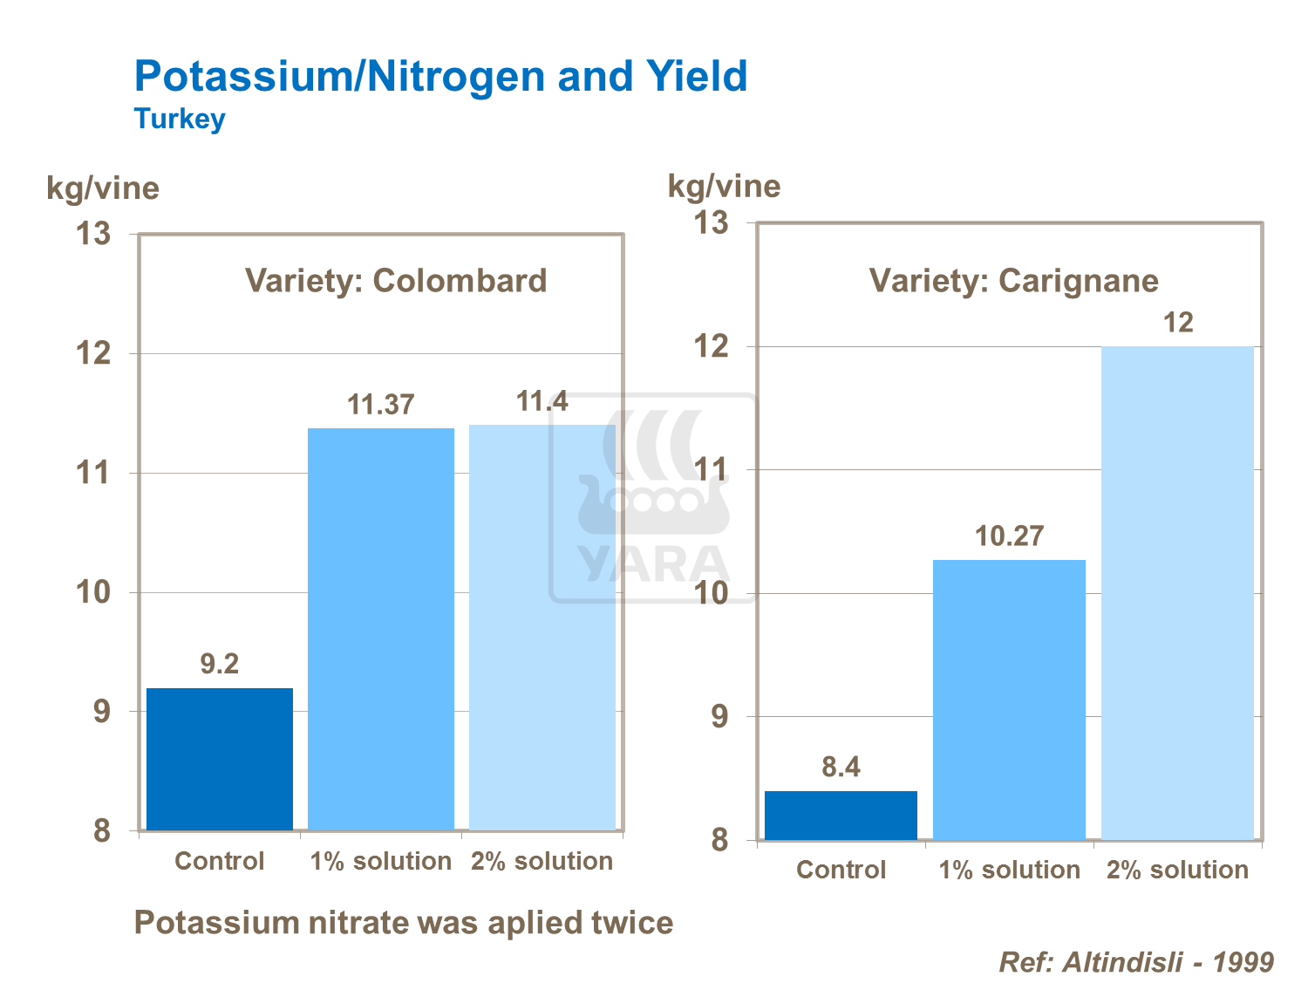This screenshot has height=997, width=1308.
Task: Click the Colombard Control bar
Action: pyautogui.click(x=219, y=759)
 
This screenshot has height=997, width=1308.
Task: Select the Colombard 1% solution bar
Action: pyautogui.click(x=381, y=628)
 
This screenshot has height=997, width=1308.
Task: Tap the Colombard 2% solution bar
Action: pyautogui.click(x=542, y=628)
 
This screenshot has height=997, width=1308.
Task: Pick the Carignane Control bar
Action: pyautogui.click(x=841, y=816)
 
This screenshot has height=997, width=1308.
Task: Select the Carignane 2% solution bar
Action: pyautogui.click(x=1177, y=593)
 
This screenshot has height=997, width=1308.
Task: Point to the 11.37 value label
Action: pyautogui.click(x=381, y=405)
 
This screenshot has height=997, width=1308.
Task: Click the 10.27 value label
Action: pyautogui.click(x=1009, y=536)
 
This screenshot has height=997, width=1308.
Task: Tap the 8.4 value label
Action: pyautogui.click(x=841, y=767)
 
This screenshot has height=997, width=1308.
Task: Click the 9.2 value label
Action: pyautogui.click(x=219, y=664)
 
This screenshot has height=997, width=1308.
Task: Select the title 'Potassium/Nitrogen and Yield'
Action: pyautogui.click(x=440, y=76)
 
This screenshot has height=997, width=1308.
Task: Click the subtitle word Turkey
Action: pyautogui.click(x=180, y=119)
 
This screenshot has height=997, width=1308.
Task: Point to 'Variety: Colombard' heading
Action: pyautogui.click(x=396, y=281)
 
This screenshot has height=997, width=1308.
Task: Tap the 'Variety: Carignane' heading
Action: pyautogui.click(x=1013, y=281)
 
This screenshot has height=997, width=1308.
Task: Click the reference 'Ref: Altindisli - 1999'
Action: pyautogui.click(x=1135, y=962)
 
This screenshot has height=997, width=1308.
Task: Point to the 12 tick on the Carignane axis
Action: pyautogui.click(x=710, y=346)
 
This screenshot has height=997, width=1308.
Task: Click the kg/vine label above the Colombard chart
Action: pyautogui.click(x=103, y=188)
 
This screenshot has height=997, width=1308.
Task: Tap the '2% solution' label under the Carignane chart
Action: pyautogui.click(x=1177, y=870)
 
